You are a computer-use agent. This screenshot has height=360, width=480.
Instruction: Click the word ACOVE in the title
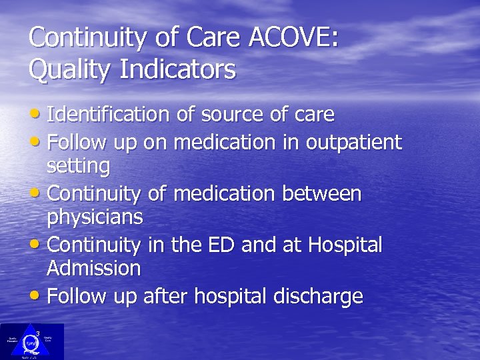293,37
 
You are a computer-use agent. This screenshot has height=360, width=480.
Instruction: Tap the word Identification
110,115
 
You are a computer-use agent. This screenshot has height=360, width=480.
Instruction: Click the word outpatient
354,142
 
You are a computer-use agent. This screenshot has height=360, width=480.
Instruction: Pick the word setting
77,165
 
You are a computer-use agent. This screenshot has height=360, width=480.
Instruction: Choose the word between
321,193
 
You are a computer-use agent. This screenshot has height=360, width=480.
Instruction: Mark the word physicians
95,217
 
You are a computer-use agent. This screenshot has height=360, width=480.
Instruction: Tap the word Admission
93,268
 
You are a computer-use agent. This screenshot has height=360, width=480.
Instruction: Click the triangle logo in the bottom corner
32,341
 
